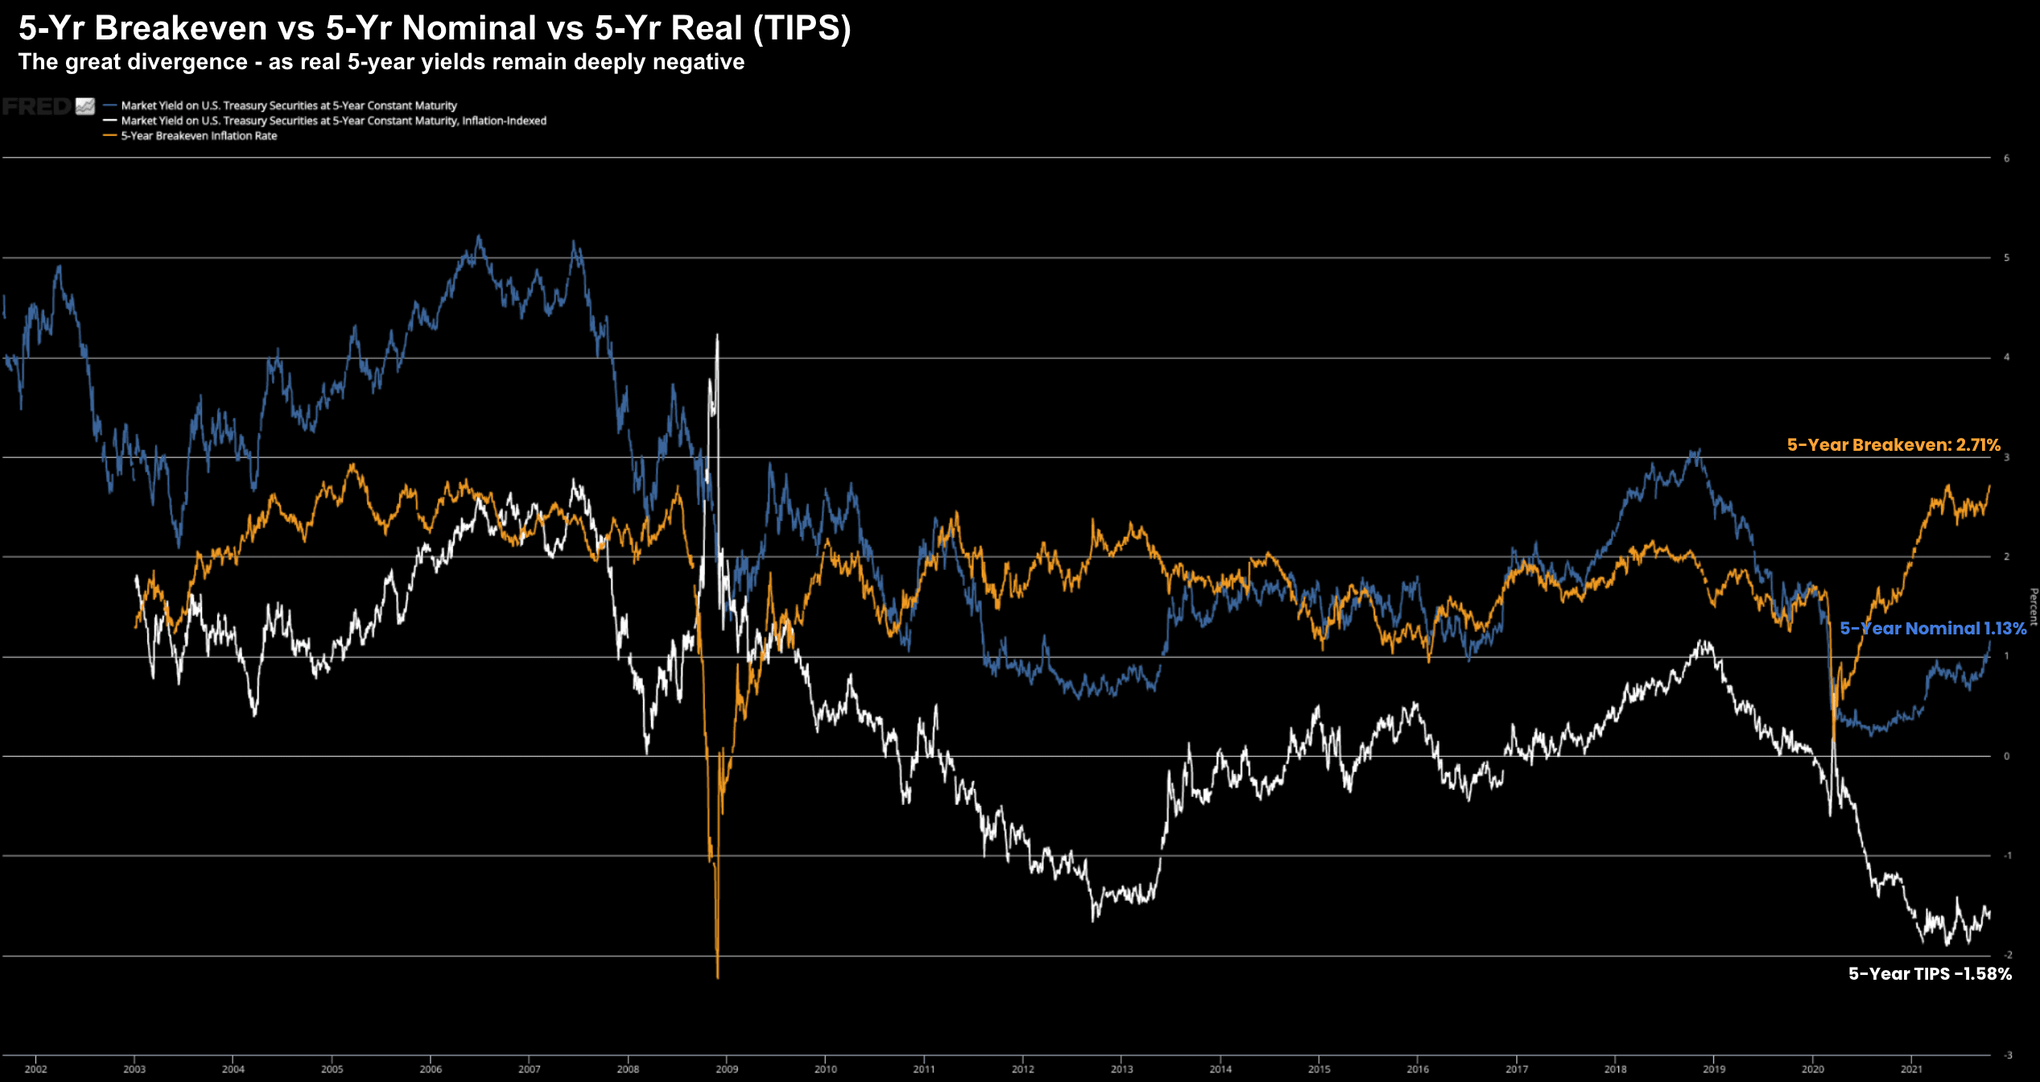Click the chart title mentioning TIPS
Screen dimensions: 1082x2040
click(435, 28)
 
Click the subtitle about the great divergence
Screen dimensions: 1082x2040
click(381, 62)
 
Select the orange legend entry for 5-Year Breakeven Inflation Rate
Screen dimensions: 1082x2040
click(199, 136)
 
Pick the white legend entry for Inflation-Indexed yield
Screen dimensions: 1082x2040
click(333, 121)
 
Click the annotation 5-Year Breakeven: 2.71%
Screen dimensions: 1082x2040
click(1893, 445)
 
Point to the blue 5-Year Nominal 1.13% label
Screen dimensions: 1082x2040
click(1932, 629)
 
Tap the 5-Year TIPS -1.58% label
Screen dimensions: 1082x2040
click(1929, 974)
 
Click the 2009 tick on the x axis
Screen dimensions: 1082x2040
click(727, 1069)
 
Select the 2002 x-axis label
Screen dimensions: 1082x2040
click(35, 1069)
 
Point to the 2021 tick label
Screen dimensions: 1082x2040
click(1911, 1069)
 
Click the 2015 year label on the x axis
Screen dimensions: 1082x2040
click(1319, 1069)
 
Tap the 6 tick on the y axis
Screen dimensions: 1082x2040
click(2006, 159)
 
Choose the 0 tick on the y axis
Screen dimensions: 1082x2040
click(2006, 757)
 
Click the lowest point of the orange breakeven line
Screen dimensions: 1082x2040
click(717, 977)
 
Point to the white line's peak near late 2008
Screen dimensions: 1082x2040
click(717, 336)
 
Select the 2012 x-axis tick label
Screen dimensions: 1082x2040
click(1023, 1069)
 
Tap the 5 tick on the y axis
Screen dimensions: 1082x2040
click(2006, 258)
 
